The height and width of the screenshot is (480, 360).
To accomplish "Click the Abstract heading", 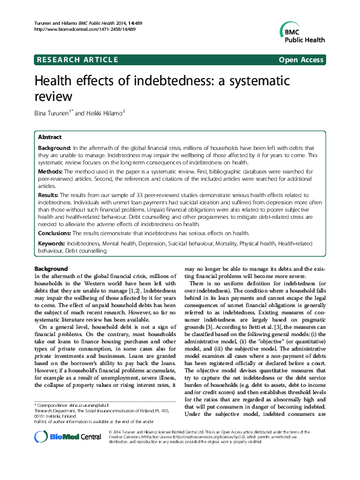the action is (x=50, y=137).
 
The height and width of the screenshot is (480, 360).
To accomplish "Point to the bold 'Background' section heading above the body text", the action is (x=51, y=268).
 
